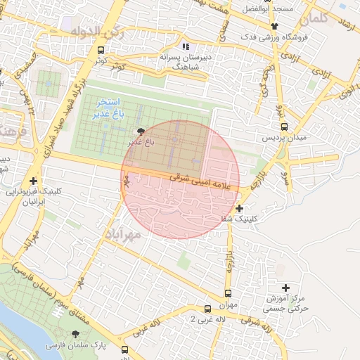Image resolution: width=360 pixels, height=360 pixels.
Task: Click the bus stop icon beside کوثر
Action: click(101, 51)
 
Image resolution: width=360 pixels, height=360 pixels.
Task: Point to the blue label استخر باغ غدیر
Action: click(111, 108)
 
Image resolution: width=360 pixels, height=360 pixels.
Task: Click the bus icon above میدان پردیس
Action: click(284, 127)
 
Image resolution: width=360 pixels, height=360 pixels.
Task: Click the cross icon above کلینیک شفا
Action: click(240, 208)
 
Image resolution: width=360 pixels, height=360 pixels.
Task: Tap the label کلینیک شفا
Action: click(240, 219)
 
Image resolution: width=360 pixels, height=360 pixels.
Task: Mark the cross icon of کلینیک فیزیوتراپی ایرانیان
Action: click(33, 181)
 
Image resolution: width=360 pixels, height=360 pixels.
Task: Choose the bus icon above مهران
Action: click(228, 293)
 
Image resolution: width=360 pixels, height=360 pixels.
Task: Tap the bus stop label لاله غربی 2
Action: click(207, 319)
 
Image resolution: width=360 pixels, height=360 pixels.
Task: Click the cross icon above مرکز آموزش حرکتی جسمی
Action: click(285, 288)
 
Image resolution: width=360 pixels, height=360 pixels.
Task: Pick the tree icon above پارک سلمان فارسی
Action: click(75, 334)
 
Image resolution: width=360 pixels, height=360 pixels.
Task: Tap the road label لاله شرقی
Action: click(257, 325)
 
